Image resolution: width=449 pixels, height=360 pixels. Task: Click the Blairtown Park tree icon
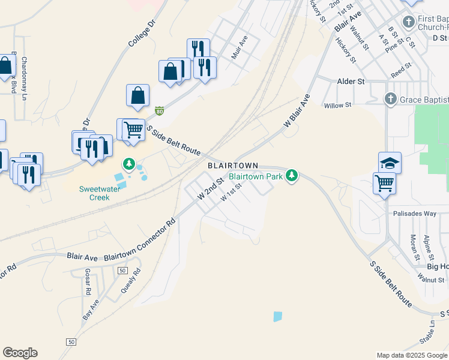point(292,176)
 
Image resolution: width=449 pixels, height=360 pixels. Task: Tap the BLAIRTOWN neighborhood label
point(233,166)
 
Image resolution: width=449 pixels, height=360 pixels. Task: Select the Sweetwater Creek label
point(95,193)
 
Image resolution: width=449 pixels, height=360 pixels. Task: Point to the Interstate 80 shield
point(159,111)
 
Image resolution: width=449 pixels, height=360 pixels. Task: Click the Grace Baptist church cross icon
point(390,98)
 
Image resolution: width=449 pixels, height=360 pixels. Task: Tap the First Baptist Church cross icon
point(409,23)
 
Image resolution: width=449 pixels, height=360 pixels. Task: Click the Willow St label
point(337,105)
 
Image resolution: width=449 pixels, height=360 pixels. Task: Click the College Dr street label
point(142,32)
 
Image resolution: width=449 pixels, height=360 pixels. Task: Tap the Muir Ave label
point(240,47)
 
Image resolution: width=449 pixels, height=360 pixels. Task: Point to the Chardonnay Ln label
point(25,79)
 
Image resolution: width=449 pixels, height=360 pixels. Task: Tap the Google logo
point(20,353)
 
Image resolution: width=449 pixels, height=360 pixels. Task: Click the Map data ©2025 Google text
point(412,355)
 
